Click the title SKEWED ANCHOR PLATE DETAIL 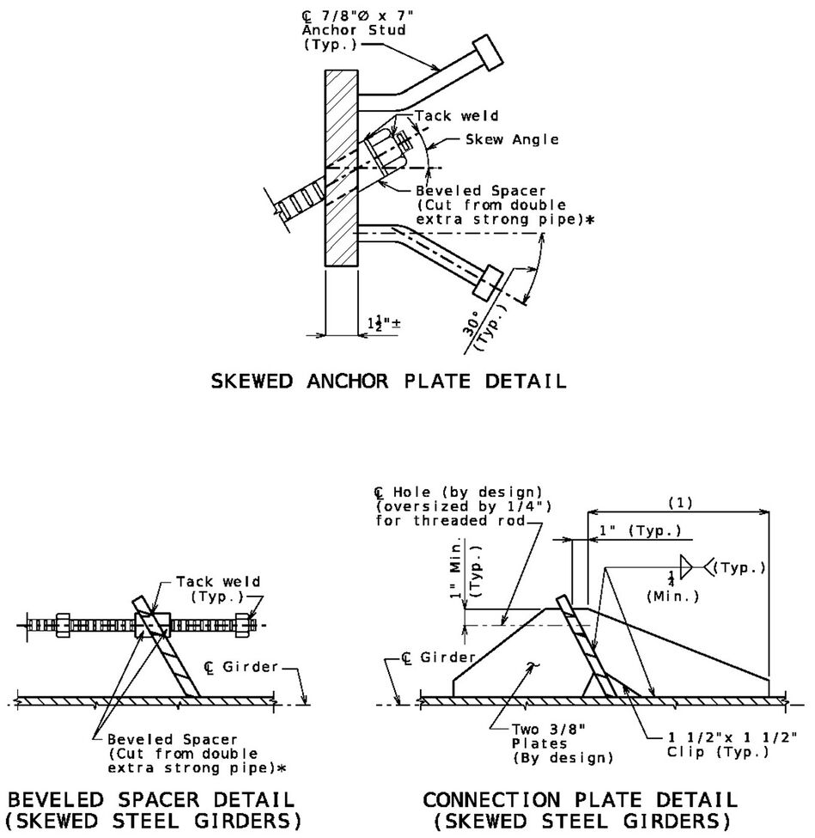(x=388, y=381)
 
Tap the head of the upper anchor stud (x=488, y=52)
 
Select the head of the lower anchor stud (x=487, y=282)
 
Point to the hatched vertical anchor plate (x=341, y=168)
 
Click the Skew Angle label (x=512, y=139)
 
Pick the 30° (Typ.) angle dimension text (x=484, y=327)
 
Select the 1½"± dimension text (x=384, y=323)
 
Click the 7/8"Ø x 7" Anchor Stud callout (x=354, y=29)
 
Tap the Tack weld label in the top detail (x=457, y=115)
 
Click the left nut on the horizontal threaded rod (x=63, y=625)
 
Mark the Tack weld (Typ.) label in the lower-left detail (x=218, y=589)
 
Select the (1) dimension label (x=680, y=503)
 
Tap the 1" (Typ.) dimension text (x=640, y=530)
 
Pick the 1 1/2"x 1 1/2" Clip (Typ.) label (x=733, y=744)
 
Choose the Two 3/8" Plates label (x=562, y=743)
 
